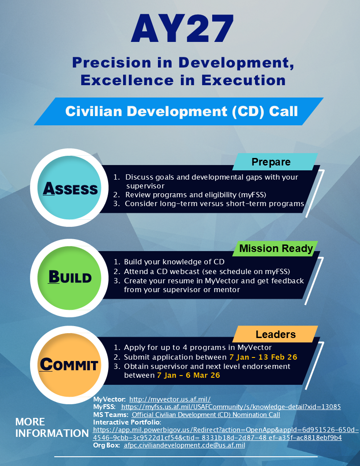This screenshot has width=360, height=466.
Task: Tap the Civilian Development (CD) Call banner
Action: pyautogui.click(x=181, y=111)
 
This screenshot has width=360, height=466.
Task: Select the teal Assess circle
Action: pyautogui.click(x=70, y=188)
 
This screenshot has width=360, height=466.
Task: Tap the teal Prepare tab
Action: pyautogui.click(x=271, y=162)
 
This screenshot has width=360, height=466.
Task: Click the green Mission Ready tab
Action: pyautogui.click(x=276, y=249)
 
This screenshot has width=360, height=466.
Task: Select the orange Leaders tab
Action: pyautogui.click(x=275, y=334)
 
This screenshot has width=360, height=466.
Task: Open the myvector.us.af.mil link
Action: pyautogui.click(x=170, y=399)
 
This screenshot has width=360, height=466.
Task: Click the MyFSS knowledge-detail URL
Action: pyautogui.click(x=231, y=406)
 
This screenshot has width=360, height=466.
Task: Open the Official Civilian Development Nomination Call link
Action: pyautogui.click(x=206, y=415)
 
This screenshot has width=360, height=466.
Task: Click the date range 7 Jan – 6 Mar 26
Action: pyautogui.click(x=188, y=375)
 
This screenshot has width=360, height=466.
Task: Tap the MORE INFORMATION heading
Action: pyautogui.click(x=52, y=428)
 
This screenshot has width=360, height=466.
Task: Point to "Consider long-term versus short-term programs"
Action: pyautogui.click(x=214, y=203)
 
